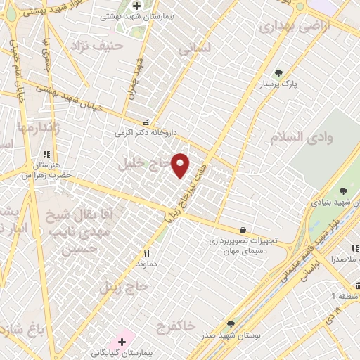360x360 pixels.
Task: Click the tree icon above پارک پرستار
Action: [278, 72]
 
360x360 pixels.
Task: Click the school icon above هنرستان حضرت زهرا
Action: [46, 154]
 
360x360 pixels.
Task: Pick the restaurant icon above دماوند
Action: [147, 253]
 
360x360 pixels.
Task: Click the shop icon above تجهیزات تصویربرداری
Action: [243, 229]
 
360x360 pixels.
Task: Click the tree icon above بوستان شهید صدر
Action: [231, 324]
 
